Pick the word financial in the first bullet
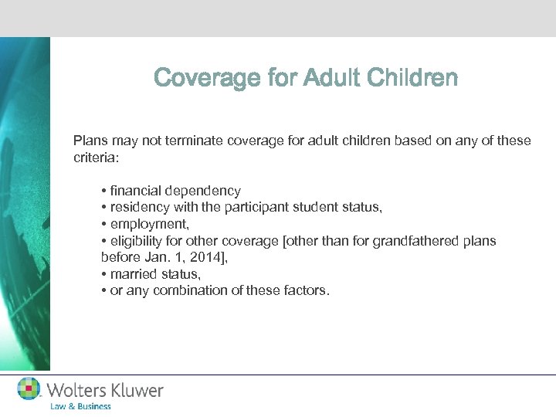coord(137,190)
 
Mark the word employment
coord(147,224)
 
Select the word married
coord(133,274)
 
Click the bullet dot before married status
coord(103,275)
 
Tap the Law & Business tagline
coord(80,406)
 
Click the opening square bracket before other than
coord(286,241)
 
